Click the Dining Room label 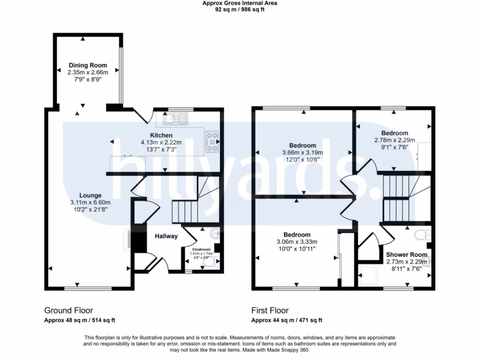coord(88,65)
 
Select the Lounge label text coord(90,195)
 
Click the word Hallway coord(166,236)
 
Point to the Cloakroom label coord(201,249)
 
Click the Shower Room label coord(406,255)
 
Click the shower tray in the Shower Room coord(368,275)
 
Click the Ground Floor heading coord(68,310)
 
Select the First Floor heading coord(270,310)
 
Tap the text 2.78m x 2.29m coord(394,140)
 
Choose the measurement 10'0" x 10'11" coord(297,248)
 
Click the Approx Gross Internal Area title coord(240,3)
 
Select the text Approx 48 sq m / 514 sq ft coord(80,321)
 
